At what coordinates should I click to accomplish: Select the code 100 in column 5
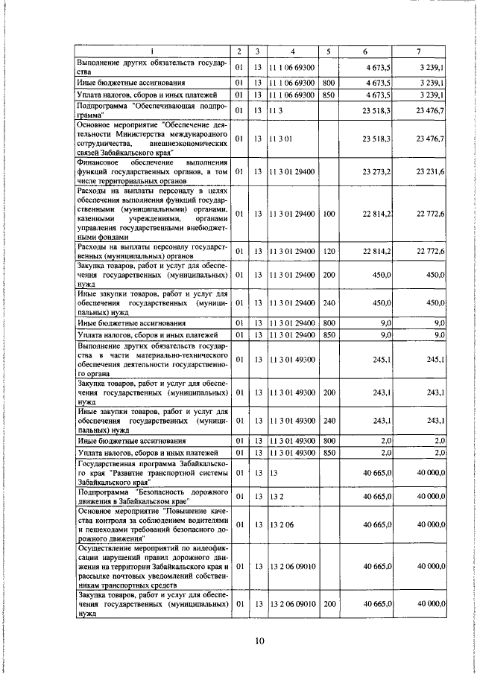click(329, 214)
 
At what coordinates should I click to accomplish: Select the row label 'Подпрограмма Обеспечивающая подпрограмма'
click(152, 111)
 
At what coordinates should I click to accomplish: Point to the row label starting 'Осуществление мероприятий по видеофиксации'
click(152, 567)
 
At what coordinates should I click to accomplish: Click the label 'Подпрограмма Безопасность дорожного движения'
click(152, 496)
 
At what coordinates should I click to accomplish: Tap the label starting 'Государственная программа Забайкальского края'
click(152, 473)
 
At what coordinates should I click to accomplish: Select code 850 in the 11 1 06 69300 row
click(329, 95)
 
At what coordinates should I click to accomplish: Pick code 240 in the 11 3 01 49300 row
click(329, 421)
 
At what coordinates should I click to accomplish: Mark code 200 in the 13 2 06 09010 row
click(329, 605)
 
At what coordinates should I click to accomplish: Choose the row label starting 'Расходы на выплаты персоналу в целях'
click(152, 214)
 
